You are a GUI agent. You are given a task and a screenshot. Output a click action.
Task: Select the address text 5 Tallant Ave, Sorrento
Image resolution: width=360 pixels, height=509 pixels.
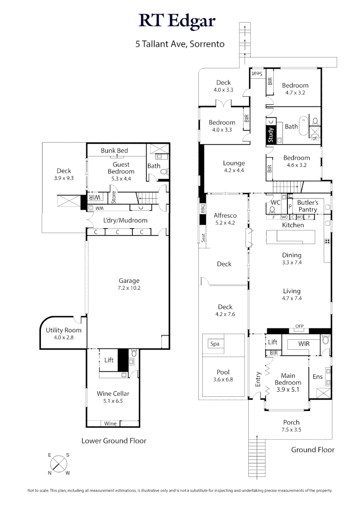[180, 44]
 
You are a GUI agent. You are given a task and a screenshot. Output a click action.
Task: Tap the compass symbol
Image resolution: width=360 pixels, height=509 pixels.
[59, 463]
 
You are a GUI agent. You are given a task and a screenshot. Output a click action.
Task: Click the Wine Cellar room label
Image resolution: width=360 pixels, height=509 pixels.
[113, 394]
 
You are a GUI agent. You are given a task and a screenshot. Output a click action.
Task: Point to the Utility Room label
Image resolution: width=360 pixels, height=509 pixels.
[64, 330]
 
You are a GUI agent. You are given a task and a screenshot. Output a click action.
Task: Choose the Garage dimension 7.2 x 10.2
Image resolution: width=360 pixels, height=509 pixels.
[129, 287]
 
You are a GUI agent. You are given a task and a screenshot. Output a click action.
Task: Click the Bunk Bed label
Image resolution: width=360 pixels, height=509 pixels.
[115, 150]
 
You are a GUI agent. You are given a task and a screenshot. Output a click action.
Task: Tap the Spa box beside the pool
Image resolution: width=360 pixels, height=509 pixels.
[215, 344]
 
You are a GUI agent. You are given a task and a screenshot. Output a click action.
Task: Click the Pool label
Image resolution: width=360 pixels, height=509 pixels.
[223, 372]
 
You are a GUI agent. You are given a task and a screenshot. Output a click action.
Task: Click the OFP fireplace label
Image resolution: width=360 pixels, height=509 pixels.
[299, 326]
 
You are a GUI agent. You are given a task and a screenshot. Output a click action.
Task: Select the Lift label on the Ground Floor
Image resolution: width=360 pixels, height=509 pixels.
[272, 343]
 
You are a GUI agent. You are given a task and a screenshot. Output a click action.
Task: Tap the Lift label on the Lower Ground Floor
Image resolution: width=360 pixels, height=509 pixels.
[109, 360]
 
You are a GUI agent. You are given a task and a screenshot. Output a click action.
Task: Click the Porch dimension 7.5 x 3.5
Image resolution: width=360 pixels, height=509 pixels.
[291, 430]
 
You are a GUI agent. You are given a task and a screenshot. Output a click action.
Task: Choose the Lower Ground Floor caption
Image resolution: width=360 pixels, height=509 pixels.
[114, 441]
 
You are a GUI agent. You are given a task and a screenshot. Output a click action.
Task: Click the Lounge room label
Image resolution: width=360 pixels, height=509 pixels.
[234, 163]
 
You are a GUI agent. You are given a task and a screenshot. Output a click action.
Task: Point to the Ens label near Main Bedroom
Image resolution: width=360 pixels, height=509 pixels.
[318, 377]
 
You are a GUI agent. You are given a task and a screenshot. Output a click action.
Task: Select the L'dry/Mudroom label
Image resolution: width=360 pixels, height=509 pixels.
[125, 220]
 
